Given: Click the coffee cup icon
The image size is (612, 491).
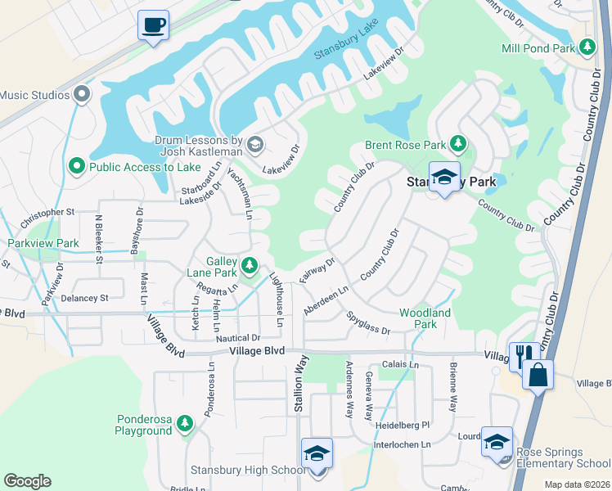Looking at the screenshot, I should click(153, 25).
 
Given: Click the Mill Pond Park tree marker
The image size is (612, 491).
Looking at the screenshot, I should click(587, 47).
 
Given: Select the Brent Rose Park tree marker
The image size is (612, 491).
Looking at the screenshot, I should click(458, 145).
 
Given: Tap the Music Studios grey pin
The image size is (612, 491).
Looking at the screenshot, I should click(81, 95).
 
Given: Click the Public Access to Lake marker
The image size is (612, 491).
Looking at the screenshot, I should click(77, 167).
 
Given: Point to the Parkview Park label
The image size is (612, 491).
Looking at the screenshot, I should click(43, 243).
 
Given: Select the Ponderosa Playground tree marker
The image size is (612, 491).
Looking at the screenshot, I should click(186, 423).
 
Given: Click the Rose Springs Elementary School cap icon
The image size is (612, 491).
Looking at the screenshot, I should click(496, 442).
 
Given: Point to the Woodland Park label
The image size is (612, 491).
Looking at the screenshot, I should click(425, 318).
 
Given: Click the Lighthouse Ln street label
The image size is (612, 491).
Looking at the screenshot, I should click(277, 300).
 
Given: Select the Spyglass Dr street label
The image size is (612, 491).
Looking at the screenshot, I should click(367, 321).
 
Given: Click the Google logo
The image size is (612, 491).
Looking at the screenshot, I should click(27, 481).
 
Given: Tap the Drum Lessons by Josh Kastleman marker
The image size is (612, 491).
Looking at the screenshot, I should click(254, 146).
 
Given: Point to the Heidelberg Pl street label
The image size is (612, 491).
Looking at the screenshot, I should click(403, 426).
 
